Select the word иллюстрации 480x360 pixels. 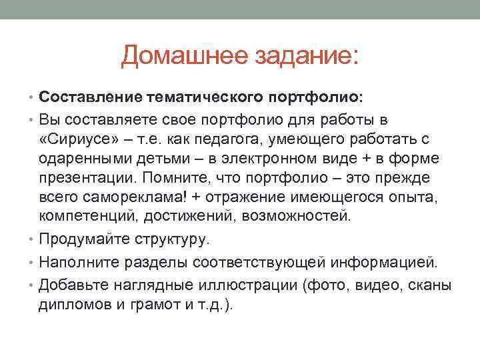click(x=253, y=286)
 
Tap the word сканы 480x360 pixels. click(x=430, y=286)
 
